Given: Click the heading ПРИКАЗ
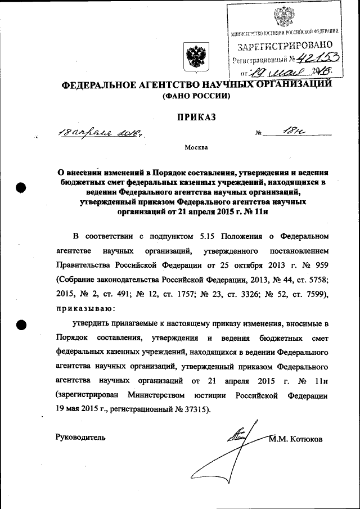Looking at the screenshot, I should (x=196, y=117).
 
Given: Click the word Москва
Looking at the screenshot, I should (x=196, y=147).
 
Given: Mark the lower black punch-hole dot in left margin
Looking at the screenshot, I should (x=21, y=324).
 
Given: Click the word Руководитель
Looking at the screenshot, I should (x=80, y=438).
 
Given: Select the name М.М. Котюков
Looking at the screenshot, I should (x=296, y=439).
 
